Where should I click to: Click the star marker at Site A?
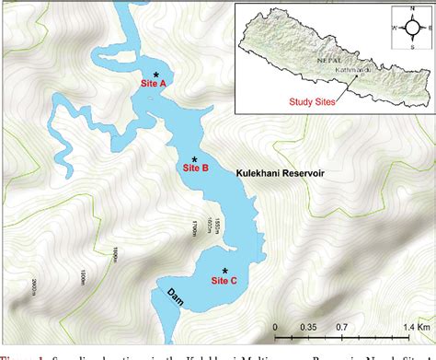click(x=156, y=74)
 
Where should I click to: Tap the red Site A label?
click(x=154, y=84)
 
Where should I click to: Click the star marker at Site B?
click(x=194, y=159)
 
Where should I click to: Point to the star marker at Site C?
click(x=225, y=271)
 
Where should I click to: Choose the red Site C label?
click(x=225, y=280)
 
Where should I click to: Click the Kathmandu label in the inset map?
click(x=355, y=68)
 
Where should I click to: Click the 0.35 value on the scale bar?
click(x=309, y=327)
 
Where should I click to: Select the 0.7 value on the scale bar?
click(x=341, y=327)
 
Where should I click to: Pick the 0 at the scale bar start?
click(x=277, y=327)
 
